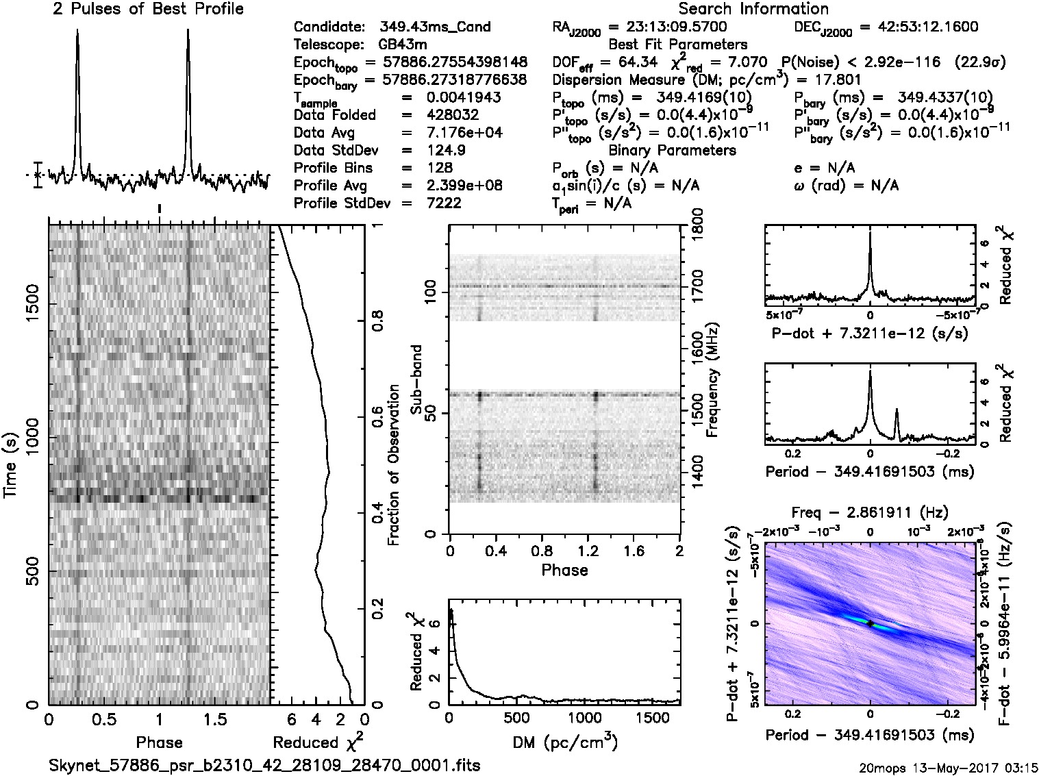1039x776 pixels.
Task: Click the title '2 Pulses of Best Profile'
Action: (148, 9)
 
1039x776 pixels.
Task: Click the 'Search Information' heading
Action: (753, 9)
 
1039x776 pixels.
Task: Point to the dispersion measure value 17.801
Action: (838, 79)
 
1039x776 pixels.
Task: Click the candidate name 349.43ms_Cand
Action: (434, 27)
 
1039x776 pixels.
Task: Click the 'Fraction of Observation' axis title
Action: (394, 465)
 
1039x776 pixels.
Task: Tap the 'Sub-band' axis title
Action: (416, 379)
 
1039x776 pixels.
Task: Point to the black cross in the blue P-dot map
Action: (870, 623)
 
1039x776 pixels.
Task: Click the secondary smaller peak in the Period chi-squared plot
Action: (897, 410)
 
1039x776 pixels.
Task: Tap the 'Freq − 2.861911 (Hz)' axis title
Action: (869, 512)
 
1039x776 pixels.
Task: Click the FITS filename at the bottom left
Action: (264, 764)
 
